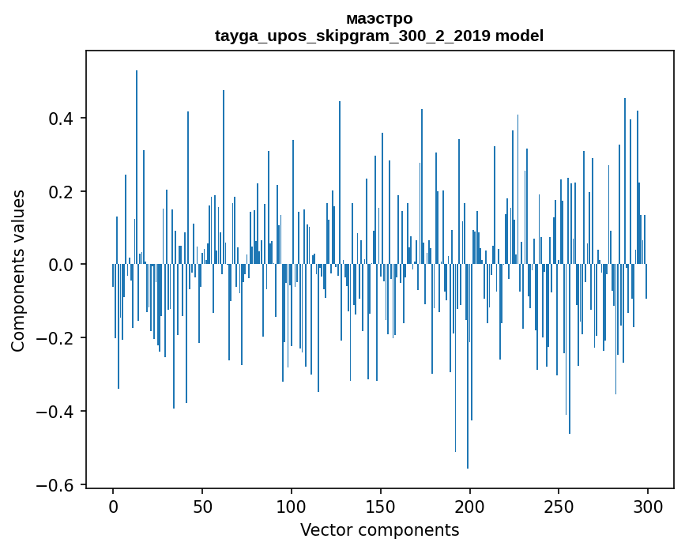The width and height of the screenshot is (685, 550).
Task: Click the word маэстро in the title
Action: [x=379, y=18]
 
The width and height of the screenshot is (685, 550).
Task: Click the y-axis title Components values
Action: [x=19, y=270]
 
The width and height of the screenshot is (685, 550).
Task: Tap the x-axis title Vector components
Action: [x=379, y=530]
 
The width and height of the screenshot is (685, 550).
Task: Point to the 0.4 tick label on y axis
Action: [x=63, y=119]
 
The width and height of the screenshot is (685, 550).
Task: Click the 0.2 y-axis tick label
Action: [x=63, y=192]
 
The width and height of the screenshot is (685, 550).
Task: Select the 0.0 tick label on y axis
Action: [x=63, y=265]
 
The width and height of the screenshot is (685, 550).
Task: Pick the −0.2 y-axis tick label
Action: [x=58, y=338]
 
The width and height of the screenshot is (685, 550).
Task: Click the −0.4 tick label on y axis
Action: [x=58, y=412]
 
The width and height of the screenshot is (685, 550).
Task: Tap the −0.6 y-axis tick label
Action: [x=58, y=485]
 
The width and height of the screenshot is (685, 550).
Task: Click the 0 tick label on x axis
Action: [x=113, y=507]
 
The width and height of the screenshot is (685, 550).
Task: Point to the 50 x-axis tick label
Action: [x=202, y=507]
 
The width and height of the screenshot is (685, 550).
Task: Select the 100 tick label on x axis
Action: [x=292, y=507]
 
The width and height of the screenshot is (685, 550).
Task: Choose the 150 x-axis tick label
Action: [x=381, y=507]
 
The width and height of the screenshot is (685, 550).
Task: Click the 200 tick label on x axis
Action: [x=470, y=507]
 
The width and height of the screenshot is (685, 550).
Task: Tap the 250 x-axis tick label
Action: [x=559, y=507]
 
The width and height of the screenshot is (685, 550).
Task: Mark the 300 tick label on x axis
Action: [x=649, y=507]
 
